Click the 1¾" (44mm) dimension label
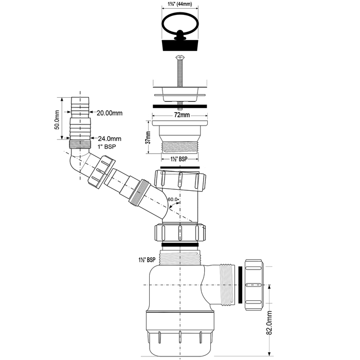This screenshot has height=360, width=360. point(180,4)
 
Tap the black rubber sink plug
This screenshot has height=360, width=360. point(180,45)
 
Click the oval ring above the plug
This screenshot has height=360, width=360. point(180,25)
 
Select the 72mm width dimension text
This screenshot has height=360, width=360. point(182,115)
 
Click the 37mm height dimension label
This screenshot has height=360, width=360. point(149,137)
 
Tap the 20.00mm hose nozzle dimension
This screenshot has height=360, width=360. point(110,113)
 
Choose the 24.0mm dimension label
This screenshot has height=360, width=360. point(110,139)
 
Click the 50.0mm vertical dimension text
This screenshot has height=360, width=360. point(57,120)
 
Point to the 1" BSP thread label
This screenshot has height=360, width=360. point(107,147)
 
